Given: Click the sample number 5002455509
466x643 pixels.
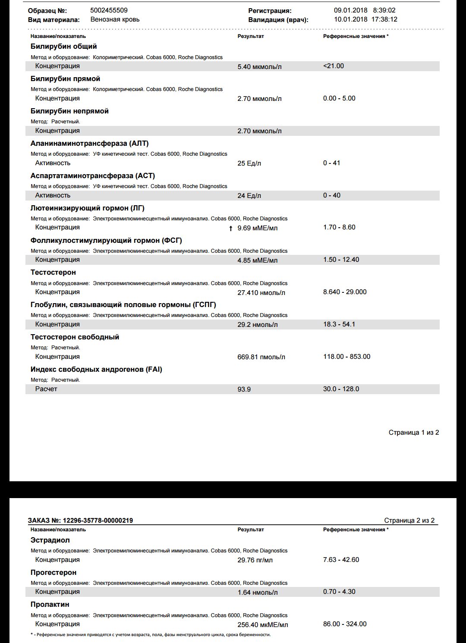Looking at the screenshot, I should click(x=109, y=10).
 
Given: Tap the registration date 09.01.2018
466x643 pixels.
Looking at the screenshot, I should click(x=350, y=10).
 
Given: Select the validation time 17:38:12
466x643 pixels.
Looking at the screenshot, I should click(x=384, y=19).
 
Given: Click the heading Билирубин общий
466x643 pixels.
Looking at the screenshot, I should click(x=63, y=47).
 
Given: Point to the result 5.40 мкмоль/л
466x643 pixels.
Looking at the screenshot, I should click(x=259, y=67).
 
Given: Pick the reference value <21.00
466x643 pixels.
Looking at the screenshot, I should click(x=334, y=66).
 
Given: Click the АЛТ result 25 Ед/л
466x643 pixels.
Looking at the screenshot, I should click(x=249, y=163).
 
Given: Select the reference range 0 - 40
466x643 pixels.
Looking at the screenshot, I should click(x=331, y=195).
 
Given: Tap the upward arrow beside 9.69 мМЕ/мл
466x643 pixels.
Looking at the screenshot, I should click(x=231, y=228).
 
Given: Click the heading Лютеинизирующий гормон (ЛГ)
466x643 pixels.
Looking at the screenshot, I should click(x=87, y=208).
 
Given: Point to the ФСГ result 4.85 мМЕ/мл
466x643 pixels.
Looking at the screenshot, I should click(x=257, y=260).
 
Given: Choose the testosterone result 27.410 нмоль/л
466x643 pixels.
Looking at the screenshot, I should click(x=261, y=293).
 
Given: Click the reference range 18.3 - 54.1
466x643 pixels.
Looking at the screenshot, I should click(x=339, y=324).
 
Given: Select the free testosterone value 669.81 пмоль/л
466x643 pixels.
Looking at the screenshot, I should click(x=261, y=357).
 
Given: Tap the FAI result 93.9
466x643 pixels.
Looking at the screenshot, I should click(x=244, y=389).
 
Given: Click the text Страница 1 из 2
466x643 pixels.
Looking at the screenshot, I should click(x=413, y=433).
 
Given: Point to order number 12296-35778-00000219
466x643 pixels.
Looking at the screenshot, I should click(x=98, y=521).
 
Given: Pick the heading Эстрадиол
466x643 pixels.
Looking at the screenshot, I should click(x=50, y=540).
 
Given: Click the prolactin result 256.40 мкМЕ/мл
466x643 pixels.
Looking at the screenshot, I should click(x=262, y=625).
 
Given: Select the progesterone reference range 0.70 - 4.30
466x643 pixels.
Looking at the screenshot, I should click(x=339, y=592).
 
